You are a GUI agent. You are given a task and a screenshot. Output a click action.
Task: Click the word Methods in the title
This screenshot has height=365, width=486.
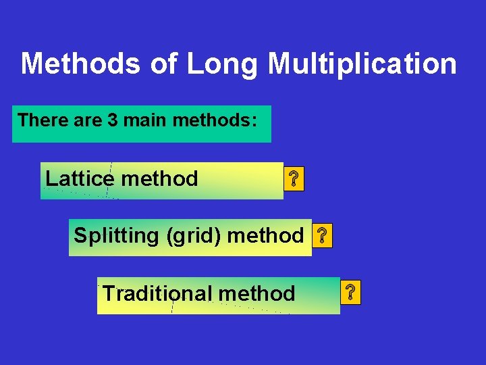pyautogui.click(x=80, y=64)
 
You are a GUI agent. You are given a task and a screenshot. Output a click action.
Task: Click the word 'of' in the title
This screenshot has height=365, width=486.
pyautogui.click(x=162, y=64)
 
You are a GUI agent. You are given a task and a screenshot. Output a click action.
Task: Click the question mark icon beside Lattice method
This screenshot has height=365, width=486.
pyautogui.click(x=294, y=180)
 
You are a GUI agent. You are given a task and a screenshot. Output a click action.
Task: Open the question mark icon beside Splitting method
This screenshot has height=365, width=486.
pyautogui.click(x=323, y=236)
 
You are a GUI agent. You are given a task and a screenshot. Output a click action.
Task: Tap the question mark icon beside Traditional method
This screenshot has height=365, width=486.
pyautogui.click(x=351, y=293)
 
